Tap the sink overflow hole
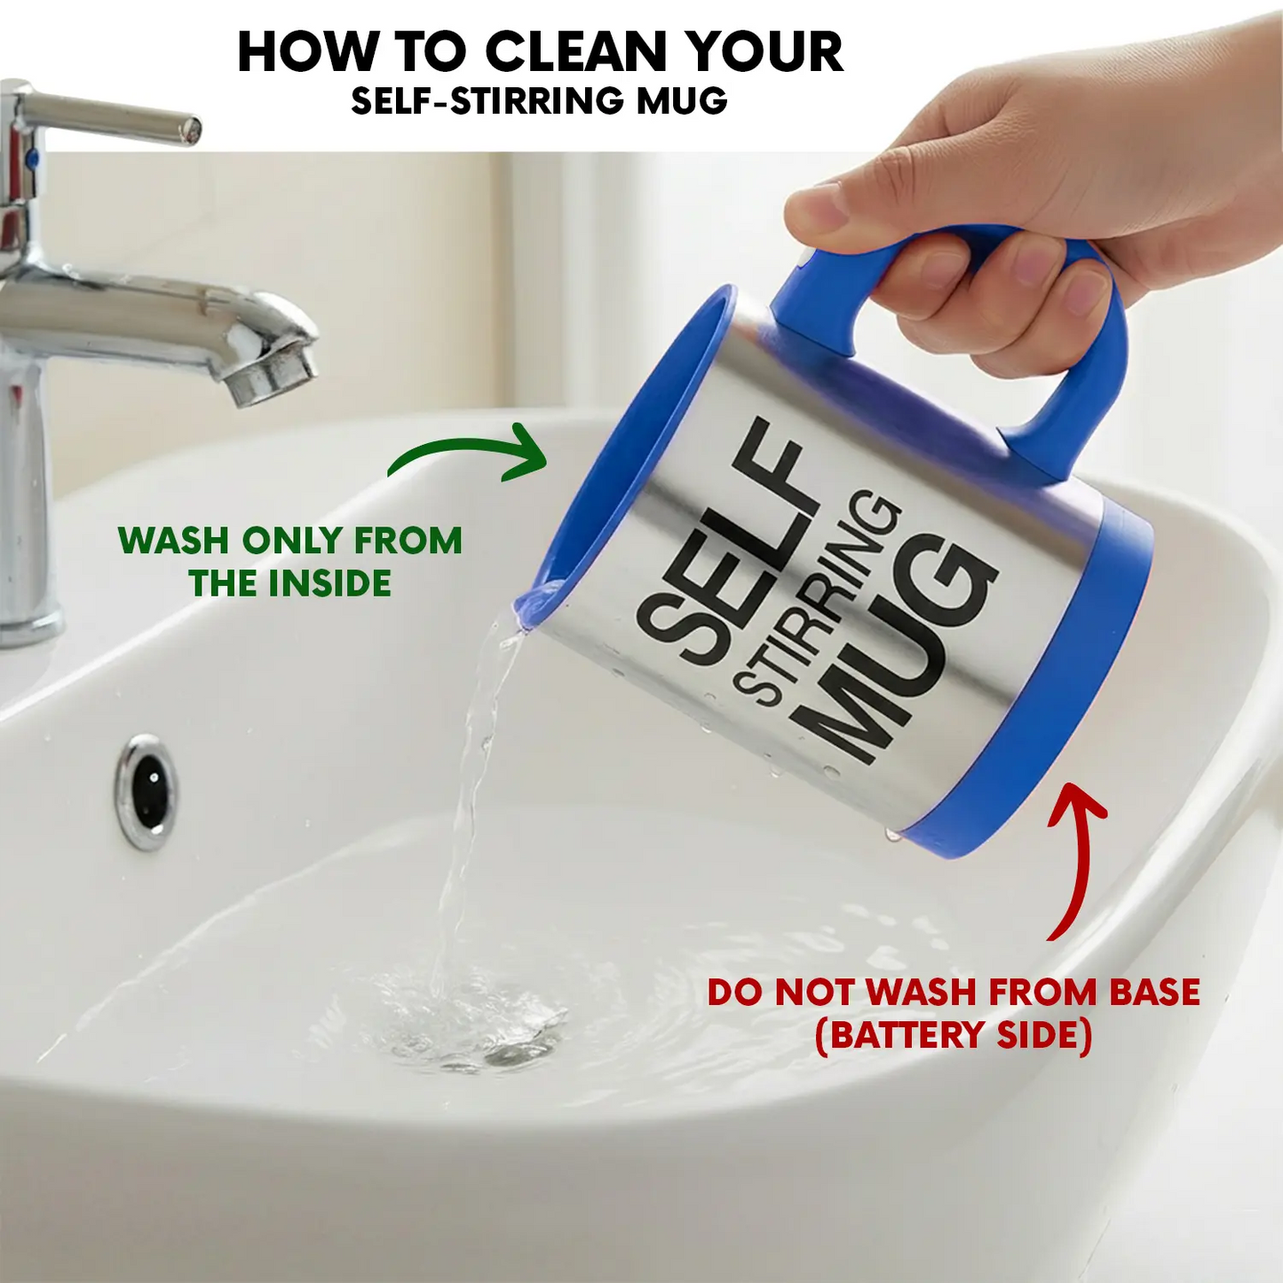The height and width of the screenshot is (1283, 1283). tap(145, 791)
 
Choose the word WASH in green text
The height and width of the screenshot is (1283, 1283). tap(174, 541)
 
